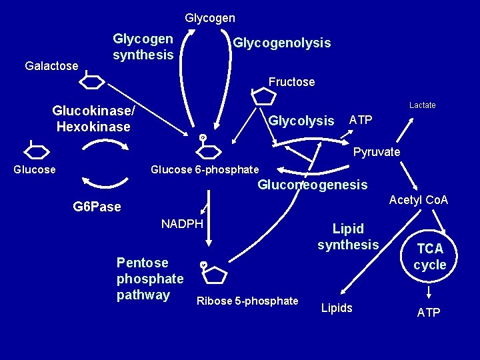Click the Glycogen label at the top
click(x=210, y=18)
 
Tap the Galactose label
click(x=51, y=66)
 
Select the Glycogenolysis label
click(x=281, y=43)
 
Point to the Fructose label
click(x=291, y=82)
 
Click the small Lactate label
click(x=422, y=105)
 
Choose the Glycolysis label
click(x=301, y=121)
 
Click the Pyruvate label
click(x=377, y=152)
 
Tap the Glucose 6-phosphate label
click(x=205, y=169)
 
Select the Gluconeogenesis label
click(x=312, y=185)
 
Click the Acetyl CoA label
click(x=419, y=200)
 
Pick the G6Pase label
click(x=97, y=207)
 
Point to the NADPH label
click(x=182, y=223)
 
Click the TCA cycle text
click(x=429, y=257)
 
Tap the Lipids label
click(x=337, y=308)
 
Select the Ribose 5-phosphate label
click(x=247, y=301)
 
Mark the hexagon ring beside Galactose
click(x=93, y=81)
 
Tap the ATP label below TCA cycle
click(x=429, y=312)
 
